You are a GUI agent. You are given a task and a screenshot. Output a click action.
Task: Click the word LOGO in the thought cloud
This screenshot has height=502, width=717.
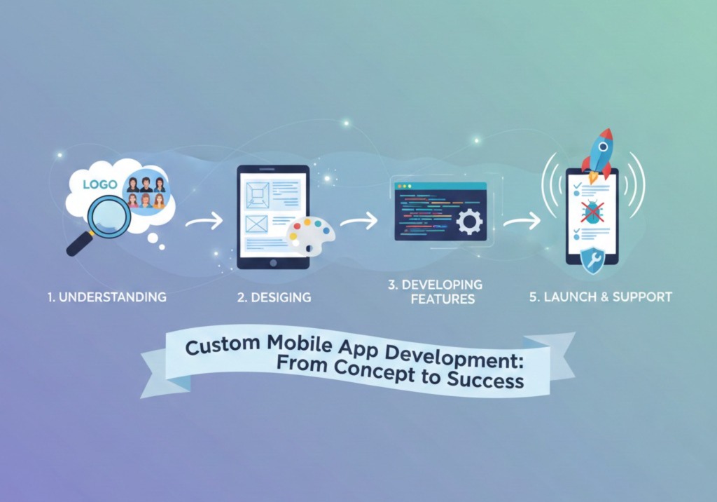[x=99, y=185]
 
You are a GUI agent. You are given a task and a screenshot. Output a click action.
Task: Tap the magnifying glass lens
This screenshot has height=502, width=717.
[x=109, y=216]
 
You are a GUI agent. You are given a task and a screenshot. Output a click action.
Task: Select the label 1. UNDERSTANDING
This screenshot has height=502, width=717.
[x=106, y=297]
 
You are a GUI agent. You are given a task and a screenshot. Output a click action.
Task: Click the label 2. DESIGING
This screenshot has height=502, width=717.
[x=274, y=297]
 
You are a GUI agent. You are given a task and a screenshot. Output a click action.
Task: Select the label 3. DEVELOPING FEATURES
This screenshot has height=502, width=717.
[x=435, y=292]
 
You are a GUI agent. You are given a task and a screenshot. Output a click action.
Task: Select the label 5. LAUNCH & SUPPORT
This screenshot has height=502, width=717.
[x=601, y=297]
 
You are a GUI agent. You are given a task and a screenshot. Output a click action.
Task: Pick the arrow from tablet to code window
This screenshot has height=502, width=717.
[x=358, y=222]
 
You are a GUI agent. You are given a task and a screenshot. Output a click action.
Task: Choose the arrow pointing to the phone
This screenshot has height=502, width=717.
[x=522, y=222]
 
